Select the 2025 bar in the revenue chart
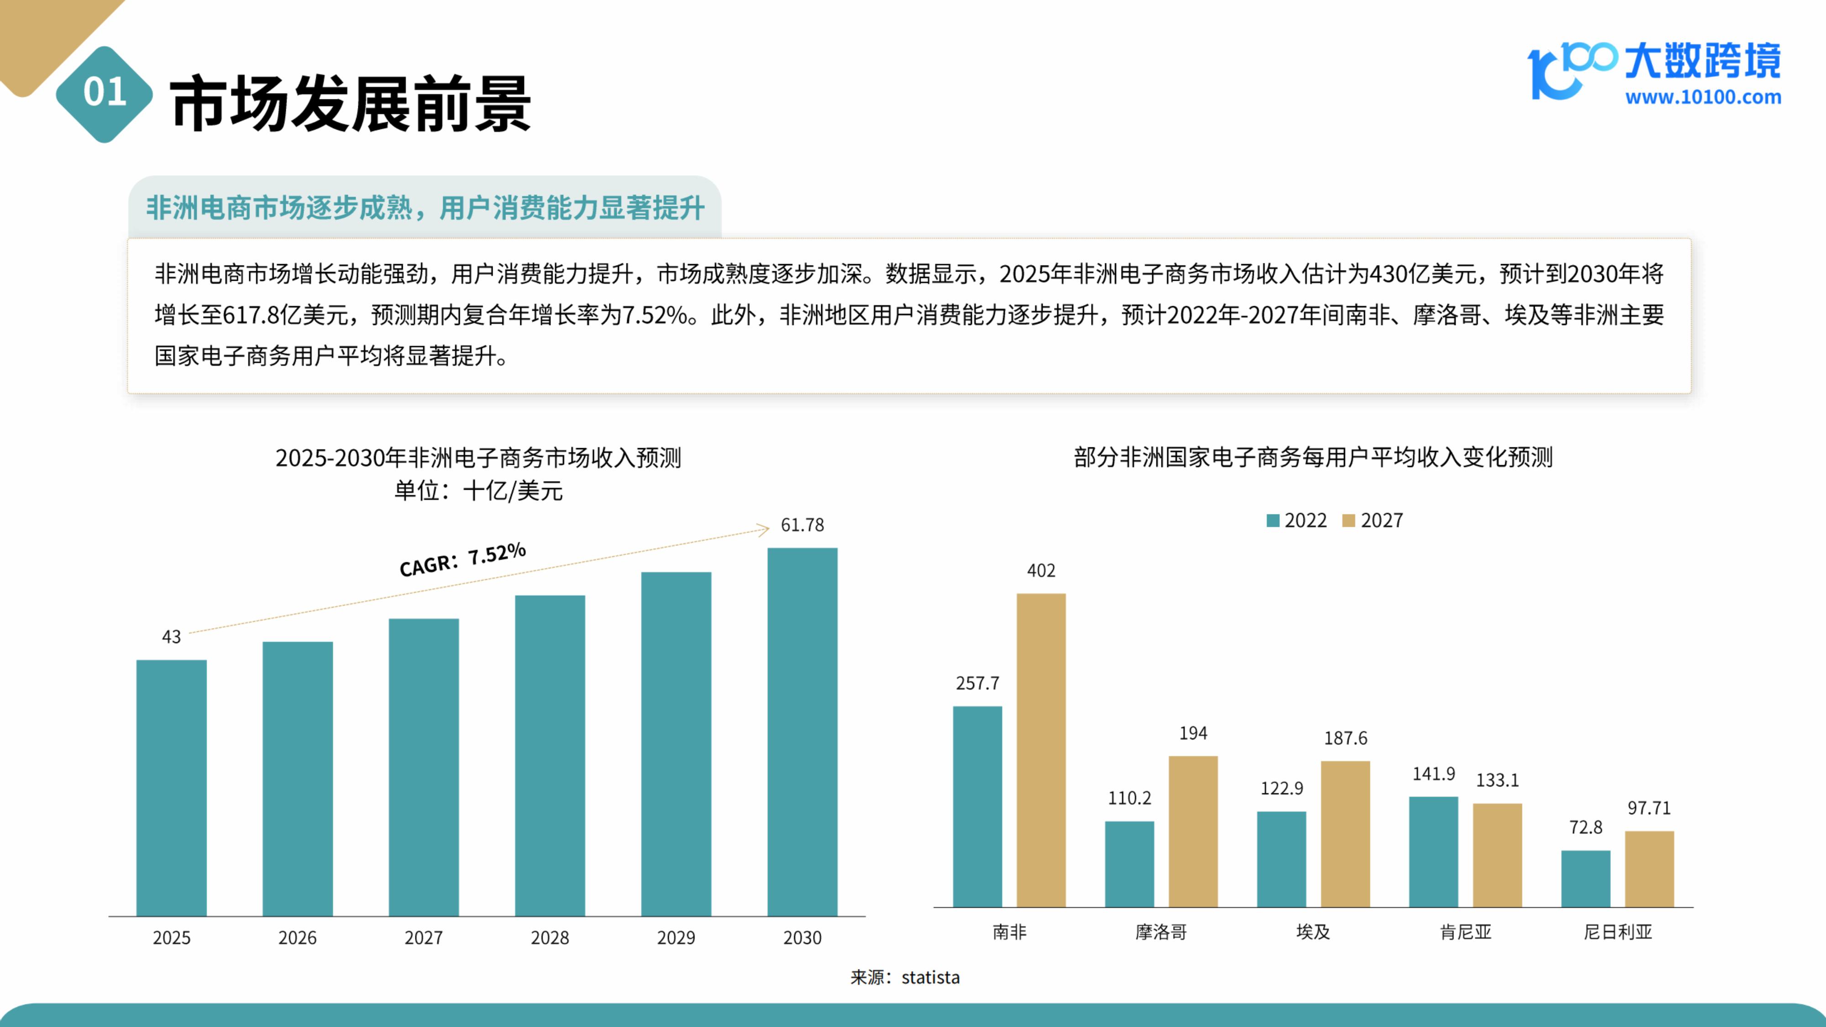(172, 787)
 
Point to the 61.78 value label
(803, 525)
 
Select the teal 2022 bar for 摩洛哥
(1129, 864)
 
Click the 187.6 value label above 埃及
(1345, 739)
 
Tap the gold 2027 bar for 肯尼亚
(1497, 855)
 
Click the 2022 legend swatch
(1273, 521)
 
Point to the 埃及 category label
(1313, 932)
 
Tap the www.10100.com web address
(1703, 97)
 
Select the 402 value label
(1041, 571)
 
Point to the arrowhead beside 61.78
(763, 529)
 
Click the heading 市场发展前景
(350, 104)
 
